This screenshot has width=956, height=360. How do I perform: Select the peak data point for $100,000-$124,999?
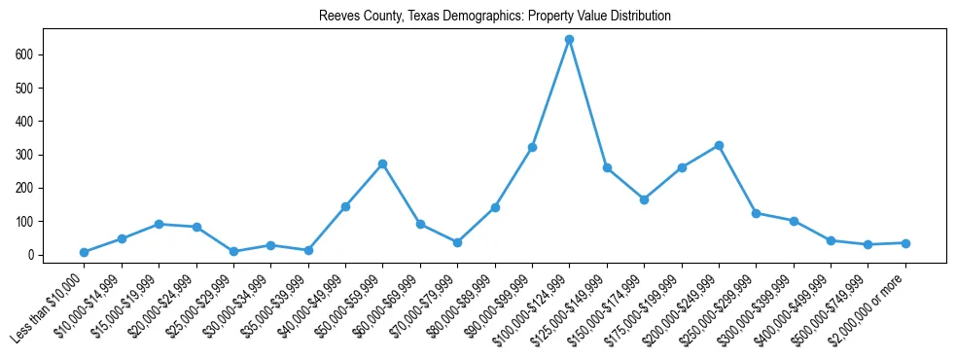[569, 40]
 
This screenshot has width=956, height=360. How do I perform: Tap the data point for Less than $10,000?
[85, 252]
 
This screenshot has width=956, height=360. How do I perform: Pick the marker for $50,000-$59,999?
[383, 163]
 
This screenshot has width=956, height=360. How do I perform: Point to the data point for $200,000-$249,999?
[719, 145]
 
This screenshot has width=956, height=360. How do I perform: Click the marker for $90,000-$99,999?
[532, 147]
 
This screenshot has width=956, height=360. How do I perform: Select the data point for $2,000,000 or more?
[905, 243]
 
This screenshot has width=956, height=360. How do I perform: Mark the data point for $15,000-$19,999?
[159, 224]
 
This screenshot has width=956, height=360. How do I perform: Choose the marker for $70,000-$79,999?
[457, 242]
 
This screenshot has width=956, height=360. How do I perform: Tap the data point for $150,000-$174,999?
[644, 199]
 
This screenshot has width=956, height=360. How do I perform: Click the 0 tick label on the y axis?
[32, 255]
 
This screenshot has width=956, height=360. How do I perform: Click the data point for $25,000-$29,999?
[234, 251]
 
